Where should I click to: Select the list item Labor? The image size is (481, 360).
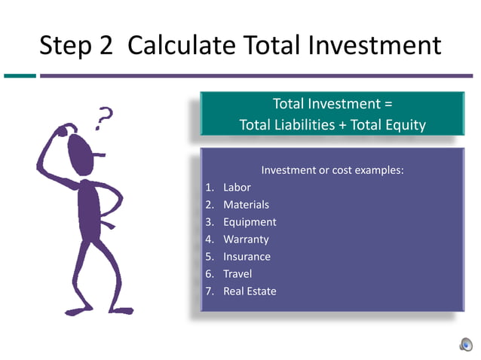click(237, 188)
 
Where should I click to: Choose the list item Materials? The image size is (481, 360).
click(246, 205)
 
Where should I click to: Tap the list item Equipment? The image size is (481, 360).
click(250, 222)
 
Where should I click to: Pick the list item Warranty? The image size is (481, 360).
click(246, 239)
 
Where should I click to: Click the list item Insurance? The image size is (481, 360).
click(247, 257)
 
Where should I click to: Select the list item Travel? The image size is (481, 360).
click(237, 274)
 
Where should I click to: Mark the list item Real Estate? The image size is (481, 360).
click(250, 291)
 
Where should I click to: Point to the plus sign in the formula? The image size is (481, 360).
click(344, 125)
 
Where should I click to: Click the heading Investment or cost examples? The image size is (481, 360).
click(332, 170)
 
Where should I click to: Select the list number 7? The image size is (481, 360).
click(209, 291)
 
